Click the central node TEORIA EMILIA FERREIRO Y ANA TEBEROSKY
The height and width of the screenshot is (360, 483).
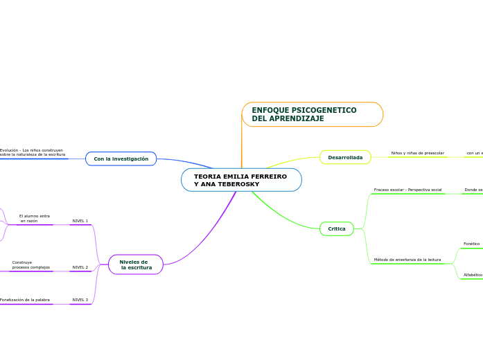pos(241,180)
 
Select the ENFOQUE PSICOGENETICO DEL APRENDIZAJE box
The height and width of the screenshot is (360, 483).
pos(312,114)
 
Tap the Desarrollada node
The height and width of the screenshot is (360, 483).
pos(345,157)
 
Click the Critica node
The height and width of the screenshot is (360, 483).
pos(337,228)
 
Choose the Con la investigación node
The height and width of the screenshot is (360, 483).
pos(121,159)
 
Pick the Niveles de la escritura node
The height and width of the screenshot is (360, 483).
pos(135,264)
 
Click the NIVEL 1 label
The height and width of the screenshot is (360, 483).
pos(80,221)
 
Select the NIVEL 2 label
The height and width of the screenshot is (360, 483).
pos(80,267)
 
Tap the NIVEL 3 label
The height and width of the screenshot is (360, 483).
pos(80,300)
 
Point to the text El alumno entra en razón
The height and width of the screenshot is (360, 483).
pos(34,218)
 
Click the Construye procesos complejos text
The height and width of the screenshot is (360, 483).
pos(30,264)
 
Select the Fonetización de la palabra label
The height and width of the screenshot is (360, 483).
pos(25,300)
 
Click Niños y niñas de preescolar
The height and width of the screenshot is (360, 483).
pos(417,152)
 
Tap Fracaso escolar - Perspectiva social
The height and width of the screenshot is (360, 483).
pos(407,190)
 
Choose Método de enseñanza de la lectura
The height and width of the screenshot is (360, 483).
pos(407,260)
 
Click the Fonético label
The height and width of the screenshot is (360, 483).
pos(471,244)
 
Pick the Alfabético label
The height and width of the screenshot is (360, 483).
pos(473,275)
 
